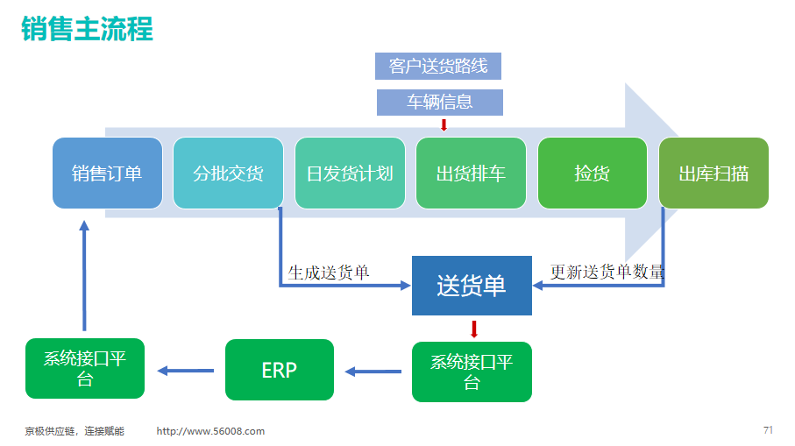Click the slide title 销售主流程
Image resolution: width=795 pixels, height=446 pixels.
point(87,28)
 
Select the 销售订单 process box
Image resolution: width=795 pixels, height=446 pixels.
point(108,173)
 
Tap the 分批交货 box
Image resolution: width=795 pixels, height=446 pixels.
point(228,173)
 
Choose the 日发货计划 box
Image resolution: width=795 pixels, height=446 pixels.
point(350,173)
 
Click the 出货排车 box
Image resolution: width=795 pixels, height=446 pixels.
point(471,173)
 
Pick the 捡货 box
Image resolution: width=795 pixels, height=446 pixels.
point(593,173)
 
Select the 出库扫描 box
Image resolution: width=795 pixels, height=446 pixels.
point(713,173)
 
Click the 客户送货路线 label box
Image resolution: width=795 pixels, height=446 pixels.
point(438,66)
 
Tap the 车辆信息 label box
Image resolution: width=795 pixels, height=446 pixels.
point(440,103)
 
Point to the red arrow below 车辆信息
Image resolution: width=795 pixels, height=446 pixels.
point(444,124)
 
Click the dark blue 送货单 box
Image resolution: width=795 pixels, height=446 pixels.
point(472,286)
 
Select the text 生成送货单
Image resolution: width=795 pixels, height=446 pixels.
point(329,273)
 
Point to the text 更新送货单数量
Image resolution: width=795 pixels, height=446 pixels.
point(607,272)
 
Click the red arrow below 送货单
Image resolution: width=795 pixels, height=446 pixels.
point(474,329)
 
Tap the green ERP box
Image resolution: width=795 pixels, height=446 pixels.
point(280,370)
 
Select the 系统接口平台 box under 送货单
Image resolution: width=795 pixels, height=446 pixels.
point(472,372)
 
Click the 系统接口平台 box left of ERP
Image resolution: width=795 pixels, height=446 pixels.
point(85,369)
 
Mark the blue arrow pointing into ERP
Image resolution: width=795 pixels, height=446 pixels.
point(373,372)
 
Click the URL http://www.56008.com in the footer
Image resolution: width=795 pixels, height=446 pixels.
point(210,431)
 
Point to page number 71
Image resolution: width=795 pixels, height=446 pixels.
point(768,429)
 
